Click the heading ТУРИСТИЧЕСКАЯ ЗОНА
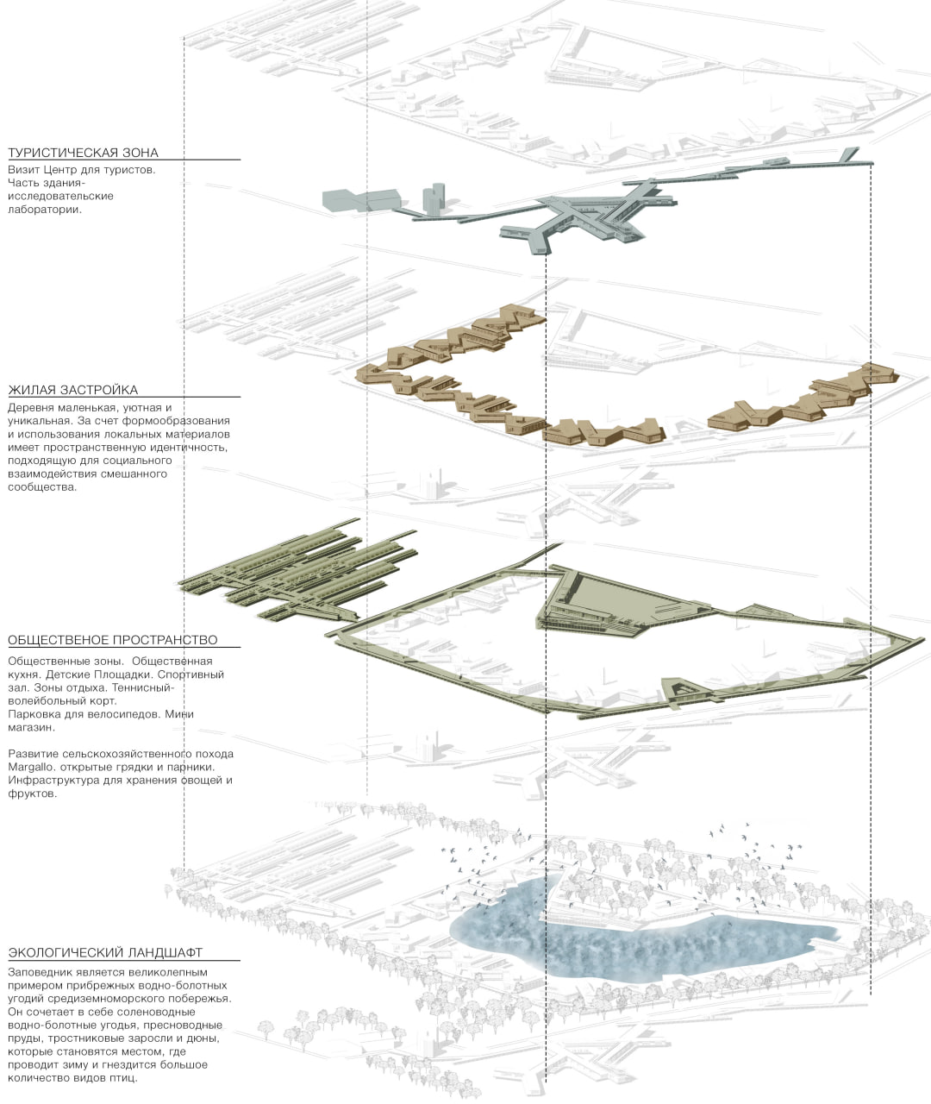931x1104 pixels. pyautogui.click(x=83, y=153)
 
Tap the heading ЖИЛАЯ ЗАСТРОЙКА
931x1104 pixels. pyautogui.click(x=72, y=390)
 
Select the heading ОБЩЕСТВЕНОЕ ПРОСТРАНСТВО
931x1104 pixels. pyautogui.click(x=112, y=640)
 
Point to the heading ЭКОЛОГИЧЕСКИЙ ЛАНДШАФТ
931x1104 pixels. pyautogui.click(x=105, y=953)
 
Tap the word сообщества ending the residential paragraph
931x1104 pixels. pyautogui.click(x=42, y=487)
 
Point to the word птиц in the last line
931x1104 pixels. pyautogui.click(x=121, y=1078)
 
